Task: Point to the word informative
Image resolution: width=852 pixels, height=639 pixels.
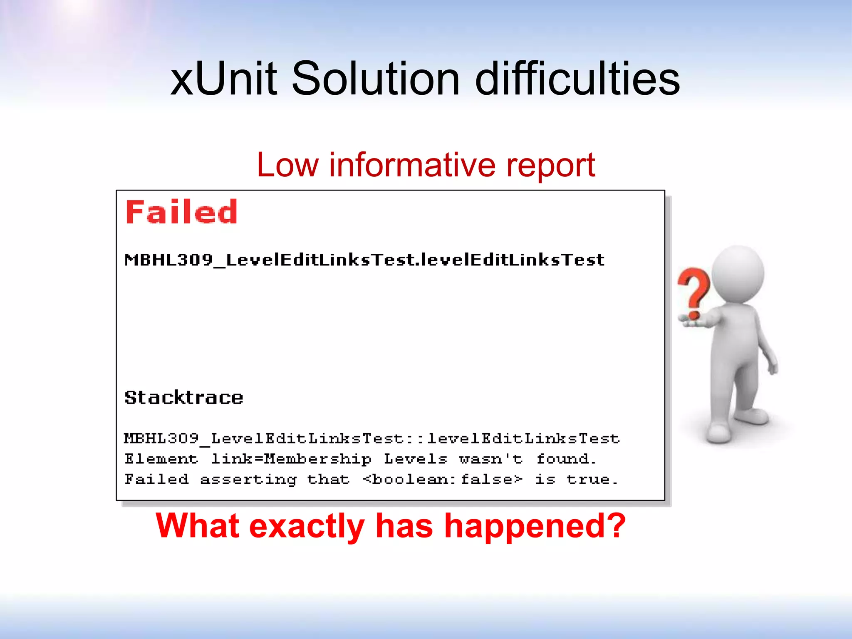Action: (412, 165)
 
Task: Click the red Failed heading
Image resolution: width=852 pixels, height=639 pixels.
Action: (181, 212)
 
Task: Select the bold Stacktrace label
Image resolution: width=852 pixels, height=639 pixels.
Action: (184, 398)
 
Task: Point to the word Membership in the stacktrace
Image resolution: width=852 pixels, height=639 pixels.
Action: (317, 459)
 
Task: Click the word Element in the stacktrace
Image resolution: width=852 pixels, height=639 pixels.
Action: (161, 459)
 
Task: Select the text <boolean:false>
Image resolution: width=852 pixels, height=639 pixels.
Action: (442, 480)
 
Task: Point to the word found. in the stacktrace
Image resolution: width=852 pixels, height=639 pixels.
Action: (566, 459)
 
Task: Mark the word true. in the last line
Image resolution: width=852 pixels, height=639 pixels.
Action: (592, 480)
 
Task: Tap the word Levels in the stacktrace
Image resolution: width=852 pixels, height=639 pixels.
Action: (415, 459)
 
